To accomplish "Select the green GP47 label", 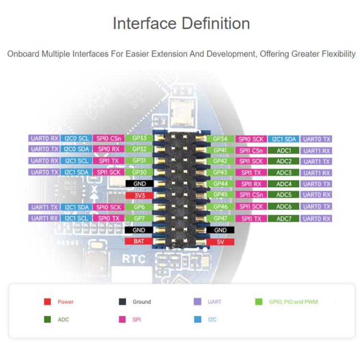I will tap(220, 218).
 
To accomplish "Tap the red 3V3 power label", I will tap(139, 195).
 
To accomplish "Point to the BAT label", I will tap(139, 241).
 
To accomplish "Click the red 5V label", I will tap(220, 241).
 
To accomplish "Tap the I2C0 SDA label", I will tap(75, 150).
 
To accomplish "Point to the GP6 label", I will tap(139, 207).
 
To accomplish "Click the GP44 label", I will tap(220, 184).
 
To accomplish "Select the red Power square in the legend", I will tap(48, 302).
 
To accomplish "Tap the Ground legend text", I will tap(142, 302).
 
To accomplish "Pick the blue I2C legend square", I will tap(197, 319).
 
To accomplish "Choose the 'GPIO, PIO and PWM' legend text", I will tap(293, 302).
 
